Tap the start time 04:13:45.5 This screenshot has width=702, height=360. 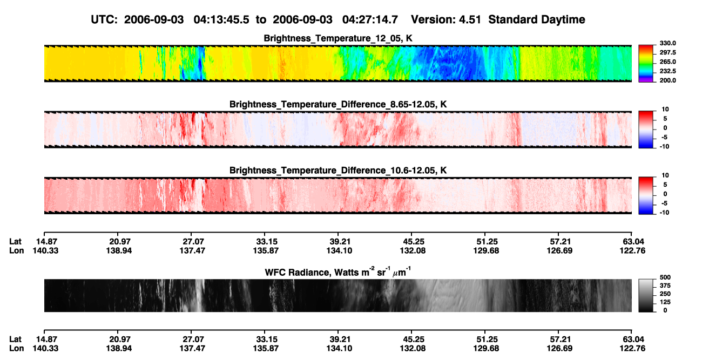click(x=221, y=19)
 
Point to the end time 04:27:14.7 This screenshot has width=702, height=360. click(x=370, y=19)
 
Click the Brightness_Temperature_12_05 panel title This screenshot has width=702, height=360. click(x=338, y=38)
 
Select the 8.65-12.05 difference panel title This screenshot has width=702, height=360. click(x=338, y=104)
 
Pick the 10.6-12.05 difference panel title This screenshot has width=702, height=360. click(x=338, y=171)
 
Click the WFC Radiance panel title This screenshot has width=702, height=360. click(x=338, y=272)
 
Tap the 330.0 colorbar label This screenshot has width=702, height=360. click(x=667, y=43)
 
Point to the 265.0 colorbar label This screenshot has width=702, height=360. click(x=667, y=62)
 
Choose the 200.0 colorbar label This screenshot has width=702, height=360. click(x=667, y=80)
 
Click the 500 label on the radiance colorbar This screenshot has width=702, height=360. click(x=665, y=277)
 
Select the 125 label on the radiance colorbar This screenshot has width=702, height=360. click(x=665, y=302)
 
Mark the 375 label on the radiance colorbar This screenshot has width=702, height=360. click(x=665, y=286)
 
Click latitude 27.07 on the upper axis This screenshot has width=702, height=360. click(x=193, y=242)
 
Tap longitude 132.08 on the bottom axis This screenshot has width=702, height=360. click(x=413, y=349)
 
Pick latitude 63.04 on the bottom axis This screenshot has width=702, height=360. click(x=633, y=339)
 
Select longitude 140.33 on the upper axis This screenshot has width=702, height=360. click(x=45, y=250)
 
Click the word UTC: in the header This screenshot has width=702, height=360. click(x=104, y=19)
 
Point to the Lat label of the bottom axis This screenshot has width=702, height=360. click(x=15, y=339)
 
